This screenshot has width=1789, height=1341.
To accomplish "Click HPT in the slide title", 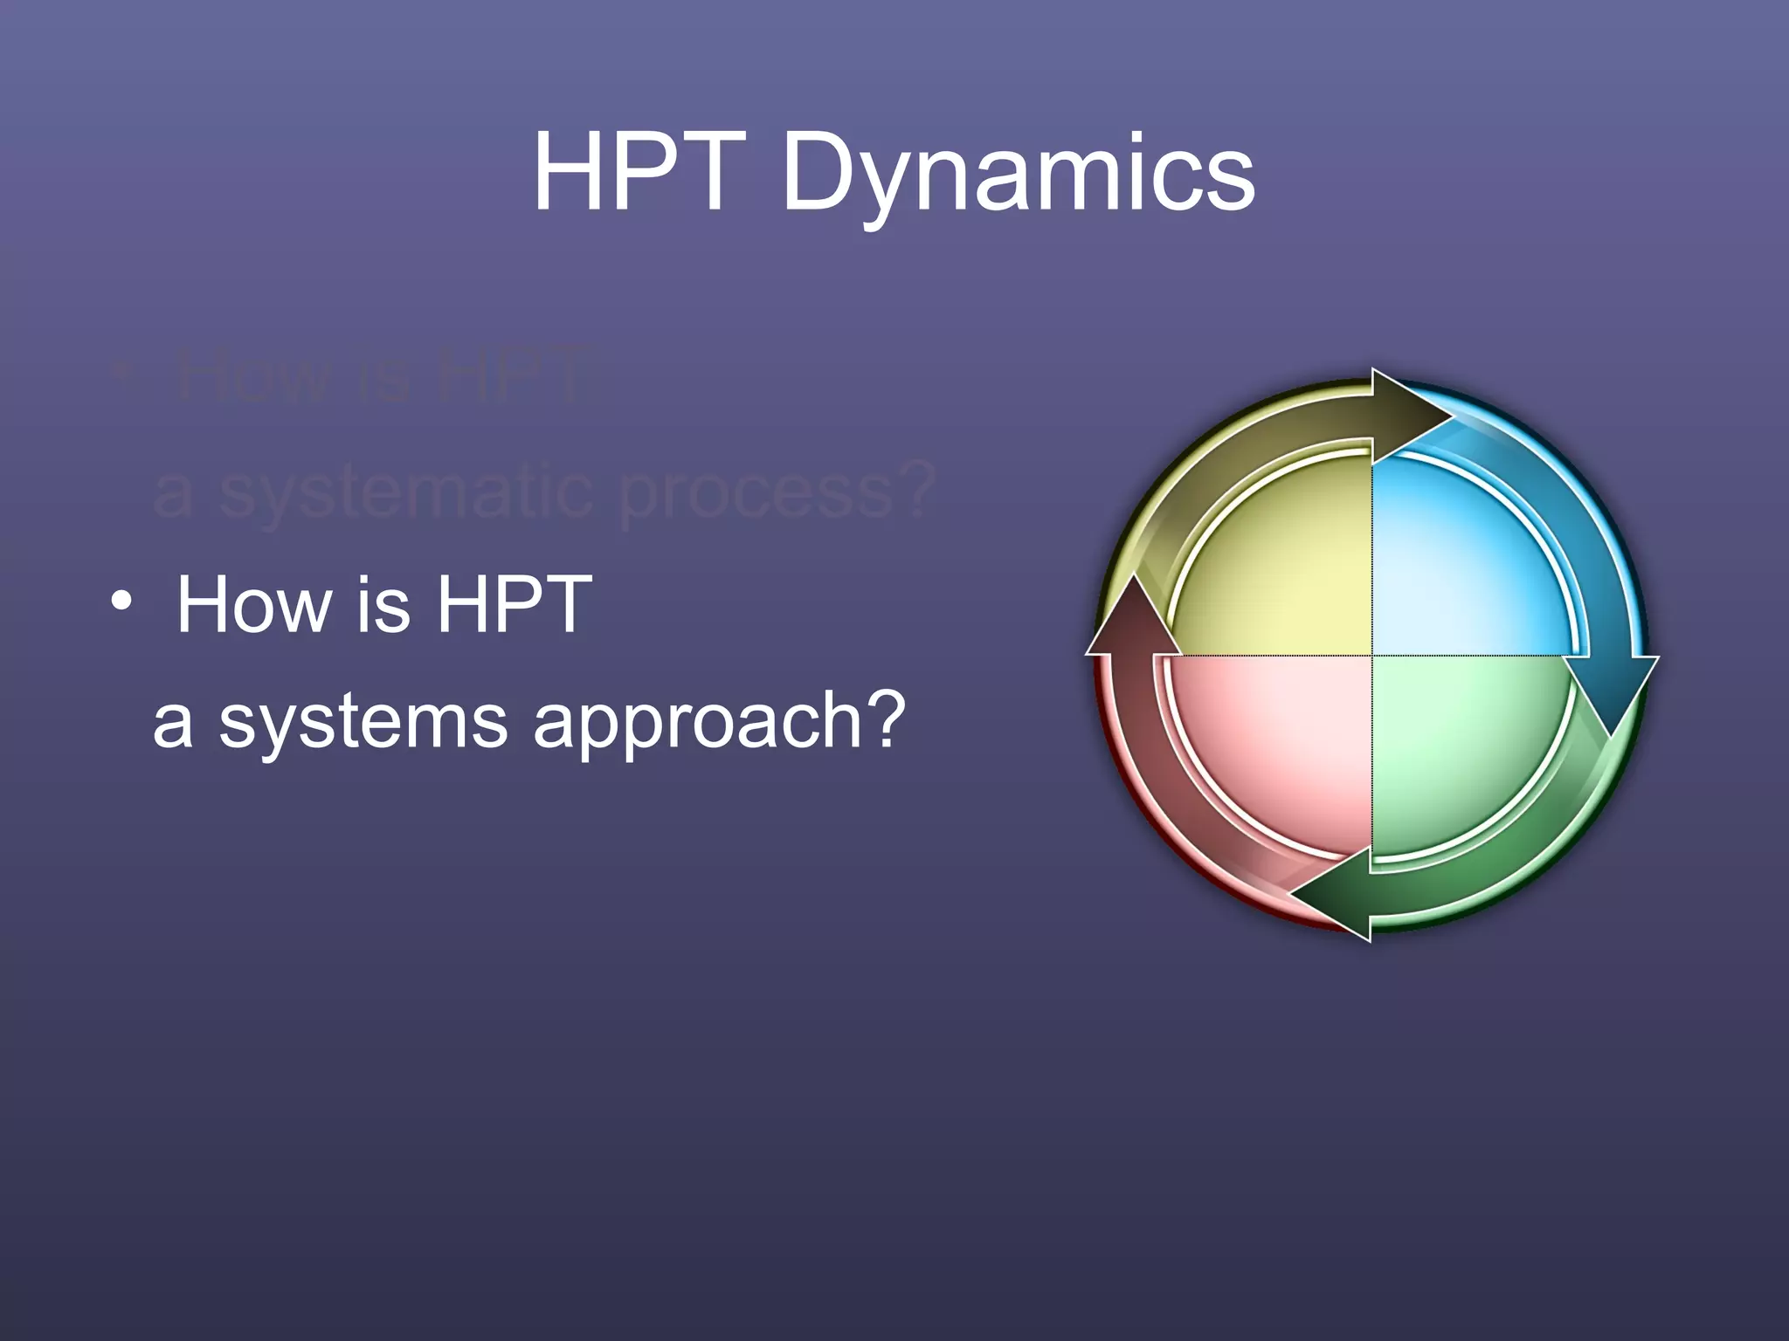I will pyautogui.click(x=640, y=172).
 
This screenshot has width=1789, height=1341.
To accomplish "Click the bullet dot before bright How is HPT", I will pyautogui.click(x=121, y=602).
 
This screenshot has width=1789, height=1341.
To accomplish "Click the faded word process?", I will pyautogui.click(x=776, y=492).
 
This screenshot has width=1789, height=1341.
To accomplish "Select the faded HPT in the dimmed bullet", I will pyautogui.click(x=521, y=375).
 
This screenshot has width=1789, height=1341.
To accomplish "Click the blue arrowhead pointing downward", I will pyautogui.click(x=1613, y=690).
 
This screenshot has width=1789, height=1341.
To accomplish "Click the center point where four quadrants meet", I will pyautogui.click(x=1371, y=655).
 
